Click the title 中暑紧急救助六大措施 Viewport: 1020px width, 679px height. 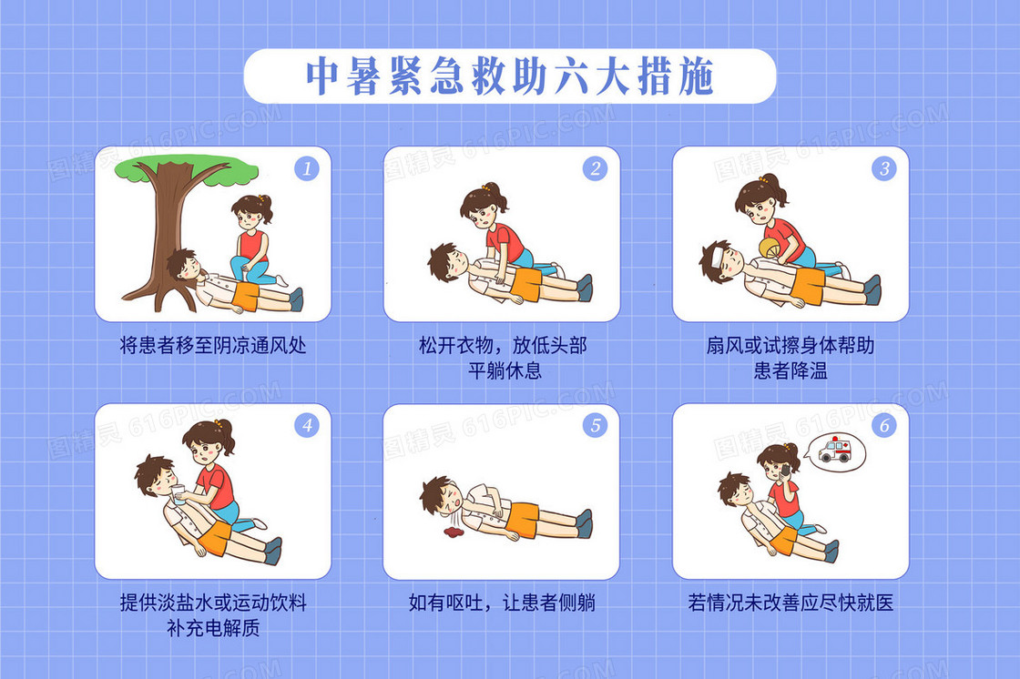[510, 76]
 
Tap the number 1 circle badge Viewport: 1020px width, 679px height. [306, 168]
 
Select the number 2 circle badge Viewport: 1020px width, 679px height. [596, 168]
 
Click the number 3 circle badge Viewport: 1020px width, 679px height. [884, 168]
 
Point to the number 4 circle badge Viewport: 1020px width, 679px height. [306, 425]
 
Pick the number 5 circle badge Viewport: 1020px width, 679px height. [596, 425]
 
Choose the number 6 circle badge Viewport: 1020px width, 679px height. [884, 425]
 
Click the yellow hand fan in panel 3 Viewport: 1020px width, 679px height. [770, 249]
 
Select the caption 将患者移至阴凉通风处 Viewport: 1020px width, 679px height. [213, 345]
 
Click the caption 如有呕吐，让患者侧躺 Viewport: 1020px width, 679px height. [502, 603]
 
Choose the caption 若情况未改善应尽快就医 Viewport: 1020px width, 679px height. [790, 603]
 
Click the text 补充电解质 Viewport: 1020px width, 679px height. [213, 628]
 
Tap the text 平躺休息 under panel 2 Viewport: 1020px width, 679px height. [505, 370]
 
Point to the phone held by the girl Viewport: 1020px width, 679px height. [786, 470]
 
